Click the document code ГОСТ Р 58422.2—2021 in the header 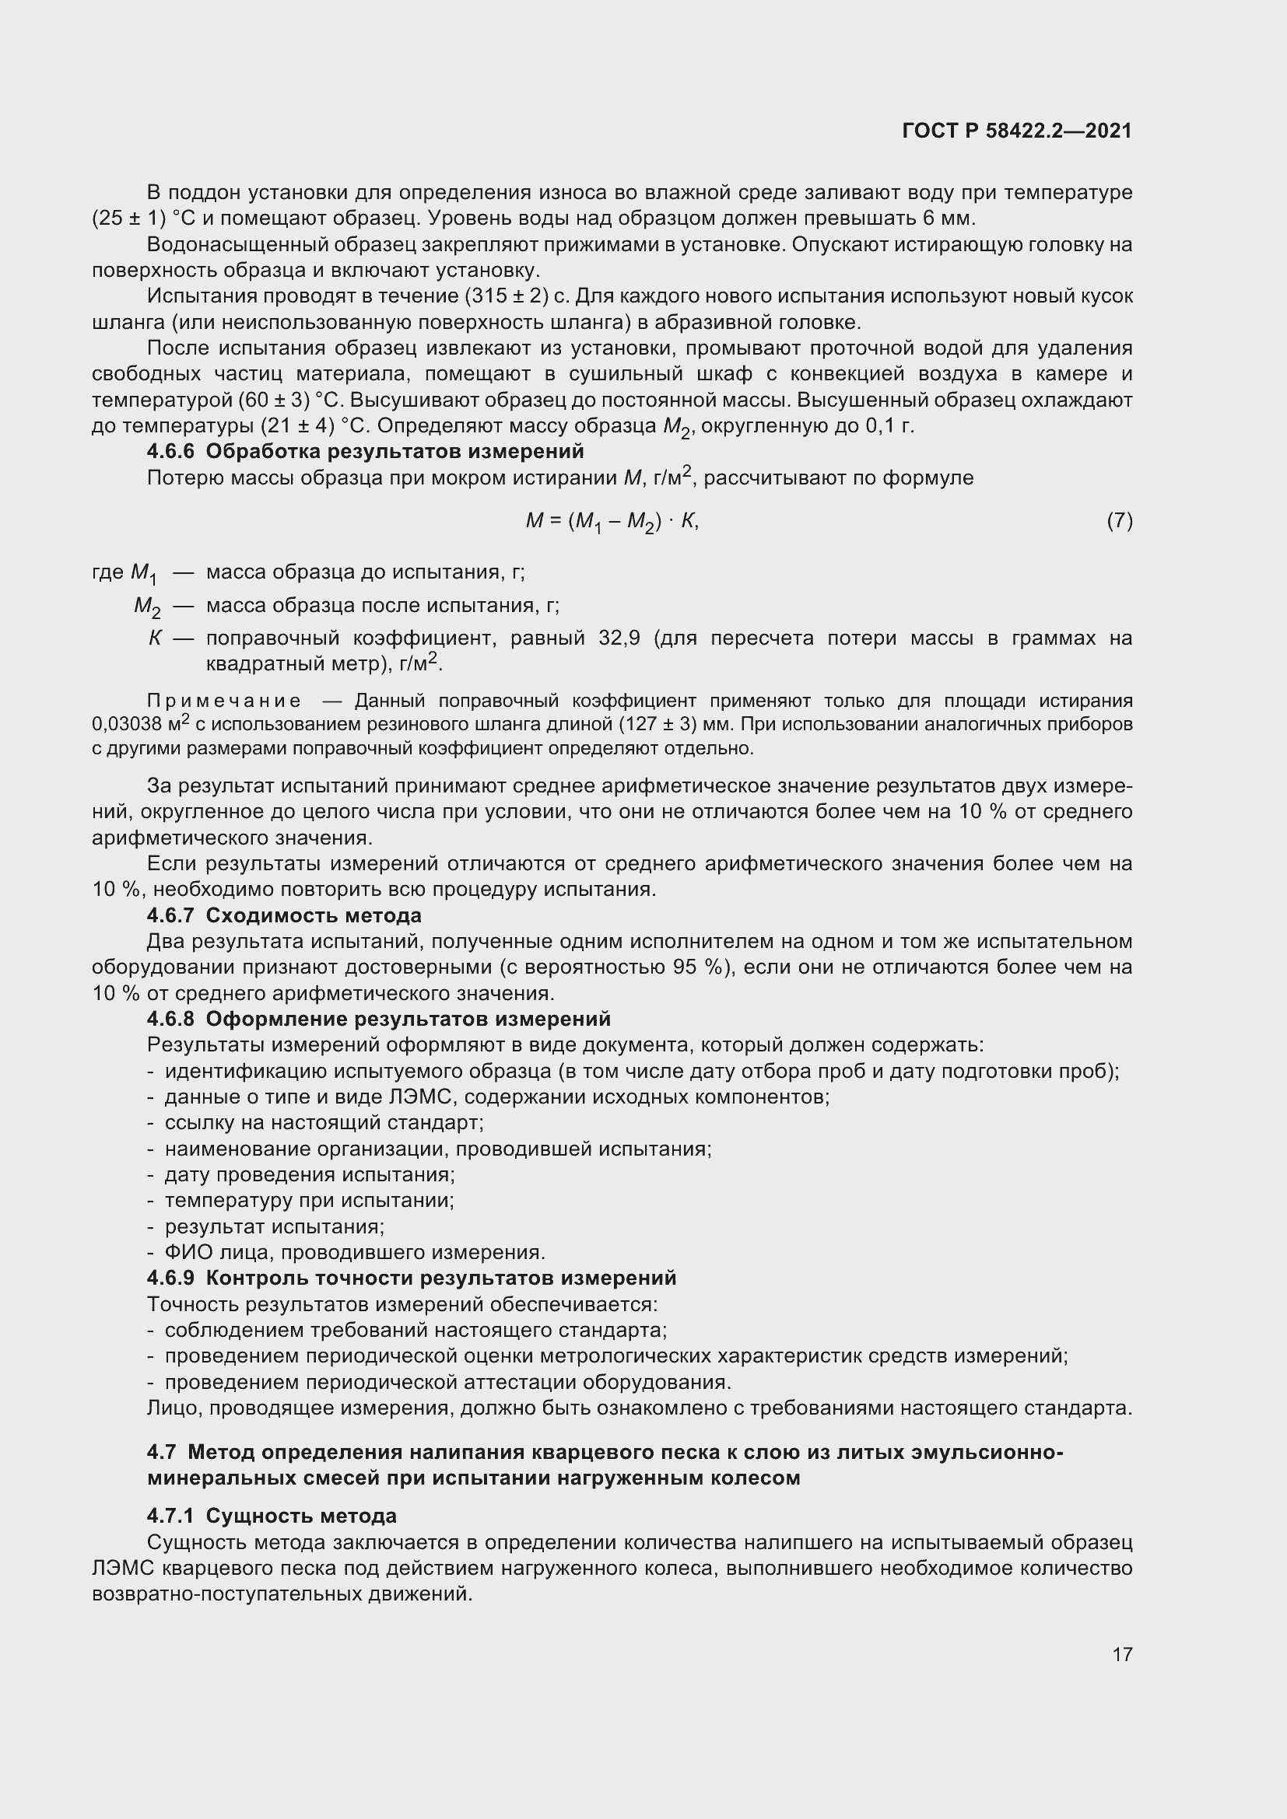click(1017, 131)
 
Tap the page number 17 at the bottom click(1122, 1653)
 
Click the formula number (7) click(1119, 520)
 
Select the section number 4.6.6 click(170, 452)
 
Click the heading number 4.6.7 click(170, 916)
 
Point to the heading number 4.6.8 click(170, 1019)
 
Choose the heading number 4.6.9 click(170, 1278)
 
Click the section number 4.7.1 click(170, 1516)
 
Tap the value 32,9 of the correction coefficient click(619, 638)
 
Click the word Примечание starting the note click(223, 701)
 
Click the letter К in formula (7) click(687, 520)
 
